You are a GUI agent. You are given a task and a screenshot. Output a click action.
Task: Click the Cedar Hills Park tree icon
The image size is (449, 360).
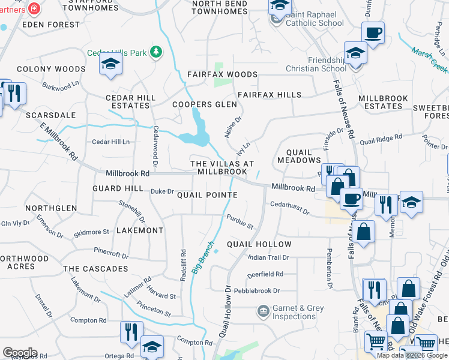(x=156, y=52)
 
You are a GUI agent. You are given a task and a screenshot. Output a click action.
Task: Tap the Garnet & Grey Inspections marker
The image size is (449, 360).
(x=263, y=311)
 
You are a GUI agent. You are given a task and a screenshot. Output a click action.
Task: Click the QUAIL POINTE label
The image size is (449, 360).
(x=207, y=195)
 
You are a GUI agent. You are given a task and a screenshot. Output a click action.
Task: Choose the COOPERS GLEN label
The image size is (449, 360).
(x=205, y=104)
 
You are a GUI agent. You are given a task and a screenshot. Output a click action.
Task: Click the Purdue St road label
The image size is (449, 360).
(x=240, y=221)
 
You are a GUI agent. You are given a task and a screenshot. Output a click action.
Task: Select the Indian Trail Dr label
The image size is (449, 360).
(x=269, y=257)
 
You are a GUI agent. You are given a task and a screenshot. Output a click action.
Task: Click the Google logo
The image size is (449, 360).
(x=20, y=352)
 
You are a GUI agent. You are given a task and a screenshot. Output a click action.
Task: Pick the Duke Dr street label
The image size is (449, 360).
(x=161, y=191)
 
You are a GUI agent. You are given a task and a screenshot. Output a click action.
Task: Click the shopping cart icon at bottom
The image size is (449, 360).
(x=376, y=342)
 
